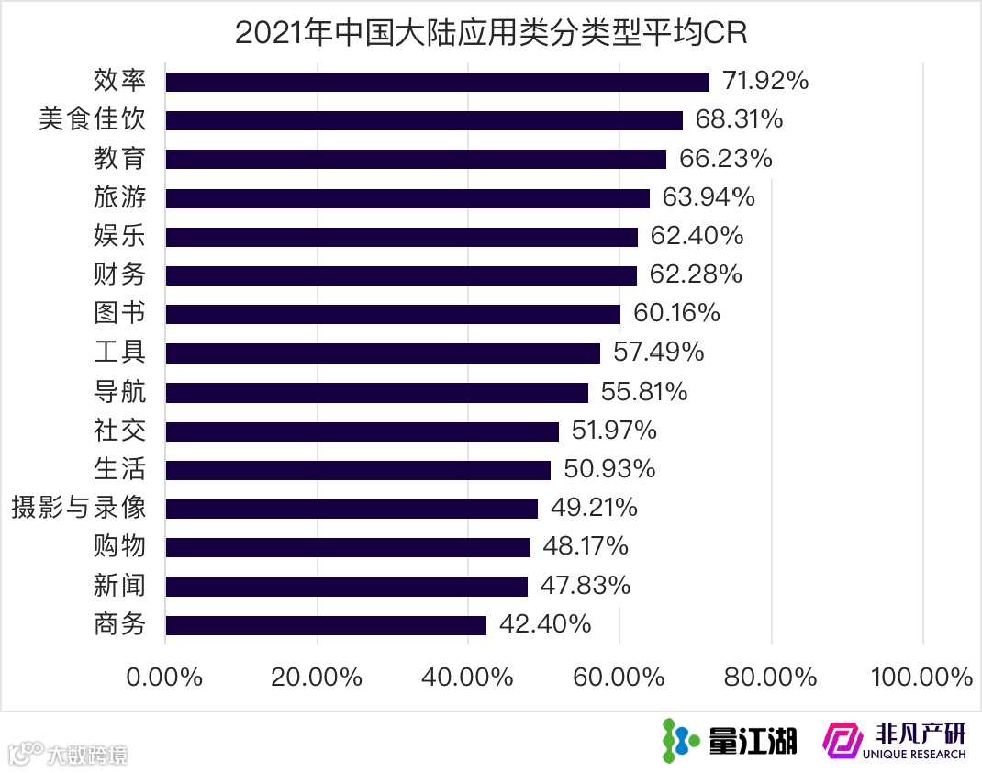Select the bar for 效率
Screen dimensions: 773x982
[x=437, y=82]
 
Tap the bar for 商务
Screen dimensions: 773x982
[x=326, y=625]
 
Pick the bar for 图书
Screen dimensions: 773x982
[x=393, y=314]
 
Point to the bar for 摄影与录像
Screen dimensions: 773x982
[x=352, y=509]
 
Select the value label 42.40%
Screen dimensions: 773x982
[x=545, y=625]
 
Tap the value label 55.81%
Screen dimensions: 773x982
[x=644, y=392]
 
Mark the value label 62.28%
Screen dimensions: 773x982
[x=696, y=274]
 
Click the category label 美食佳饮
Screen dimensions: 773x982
[x=92, y=120]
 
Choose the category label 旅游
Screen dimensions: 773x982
[x=119, y=197]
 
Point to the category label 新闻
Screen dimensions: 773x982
[x=119, y=586]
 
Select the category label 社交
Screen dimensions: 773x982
[x=119, y=431]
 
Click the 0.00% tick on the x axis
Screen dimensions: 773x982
[x=165, y=678]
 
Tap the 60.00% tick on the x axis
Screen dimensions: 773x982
[x=619, y=678]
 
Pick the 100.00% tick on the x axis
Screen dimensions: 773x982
[x=921, y=678]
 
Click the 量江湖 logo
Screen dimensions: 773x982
[x=730, y=740]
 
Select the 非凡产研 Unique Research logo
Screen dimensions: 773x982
[x=895, y=740]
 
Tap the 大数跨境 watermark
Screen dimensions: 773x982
[x=69, y=755]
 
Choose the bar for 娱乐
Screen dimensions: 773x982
[x=401, y=237]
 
